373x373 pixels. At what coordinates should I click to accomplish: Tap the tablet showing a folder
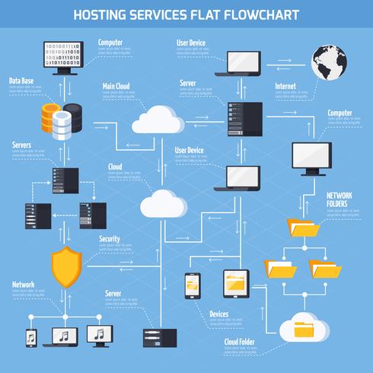(236, 284)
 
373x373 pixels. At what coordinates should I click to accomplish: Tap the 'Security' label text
(110, 239)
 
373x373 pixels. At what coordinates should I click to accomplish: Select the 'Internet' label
(286, 86)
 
